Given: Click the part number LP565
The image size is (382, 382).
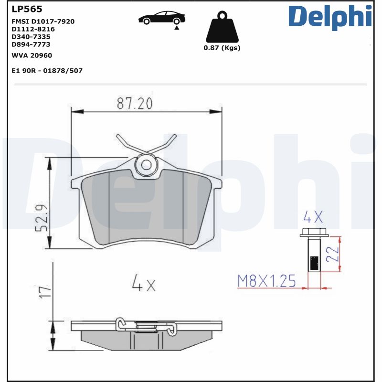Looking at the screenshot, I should [x=27, y=9].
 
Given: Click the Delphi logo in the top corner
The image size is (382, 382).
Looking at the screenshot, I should [x=329, y=17].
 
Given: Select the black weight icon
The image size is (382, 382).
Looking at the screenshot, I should [x=222, y=28].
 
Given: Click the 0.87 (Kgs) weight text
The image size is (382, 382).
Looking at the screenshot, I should [x=222, y=48].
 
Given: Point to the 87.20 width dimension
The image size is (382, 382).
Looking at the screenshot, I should [x=135, y=103].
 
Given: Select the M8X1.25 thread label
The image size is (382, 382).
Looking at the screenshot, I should [x=267, y=281].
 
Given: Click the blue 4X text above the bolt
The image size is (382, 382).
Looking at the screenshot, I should [x=313, y=218].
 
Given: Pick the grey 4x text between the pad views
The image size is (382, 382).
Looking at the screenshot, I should [x=143, y=285].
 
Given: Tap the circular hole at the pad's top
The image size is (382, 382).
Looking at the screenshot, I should [x=146, y=165].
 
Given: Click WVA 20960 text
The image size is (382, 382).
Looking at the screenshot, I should [x=32, y=55].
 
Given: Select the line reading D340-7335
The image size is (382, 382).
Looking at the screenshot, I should [x=31, y=36].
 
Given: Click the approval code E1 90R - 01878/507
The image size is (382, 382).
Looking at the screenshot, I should [x=47, y=70].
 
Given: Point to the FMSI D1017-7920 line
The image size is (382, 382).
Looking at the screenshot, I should [x=42, y=21].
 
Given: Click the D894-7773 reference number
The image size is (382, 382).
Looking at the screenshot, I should [x=31, y=44].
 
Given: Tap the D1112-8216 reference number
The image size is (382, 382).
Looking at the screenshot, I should [x=33, y=29].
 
